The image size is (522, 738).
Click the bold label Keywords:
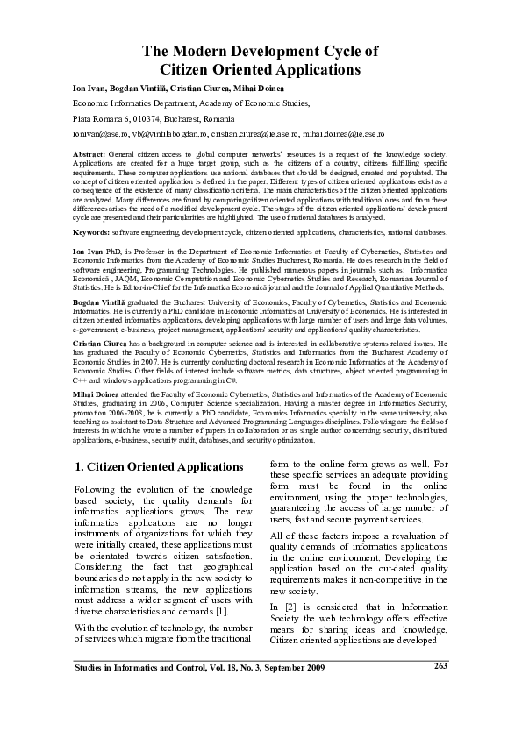tap(91, 232)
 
